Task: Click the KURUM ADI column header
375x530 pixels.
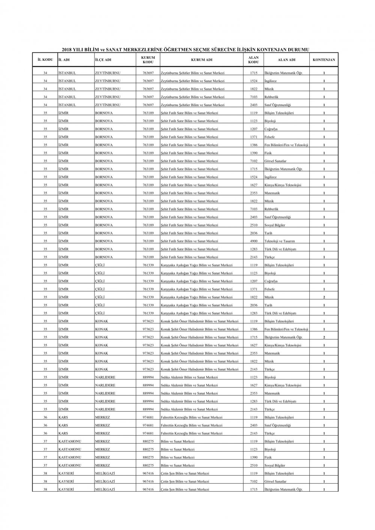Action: (202, 60)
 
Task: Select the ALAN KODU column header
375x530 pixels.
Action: (253, 60)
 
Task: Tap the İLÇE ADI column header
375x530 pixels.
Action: (103, 60)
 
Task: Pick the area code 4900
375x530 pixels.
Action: (253, 241)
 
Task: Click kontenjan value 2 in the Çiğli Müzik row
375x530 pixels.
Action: (324, 297)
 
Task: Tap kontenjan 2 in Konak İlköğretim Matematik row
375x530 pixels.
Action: (324, 337)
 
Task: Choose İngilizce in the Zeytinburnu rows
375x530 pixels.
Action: (270, 81)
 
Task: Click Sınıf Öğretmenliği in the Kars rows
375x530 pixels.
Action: (277, 425)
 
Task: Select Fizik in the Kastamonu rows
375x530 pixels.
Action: (268, 457)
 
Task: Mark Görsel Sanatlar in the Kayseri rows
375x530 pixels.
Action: (275, 481)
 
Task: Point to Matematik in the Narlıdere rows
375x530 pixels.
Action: (272, 394)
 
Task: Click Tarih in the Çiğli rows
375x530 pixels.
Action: (268, 305)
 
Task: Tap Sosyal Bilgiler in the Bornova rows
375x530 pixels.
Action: (275, 225)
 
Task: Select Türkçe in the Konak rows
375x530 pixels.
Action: (269, 370)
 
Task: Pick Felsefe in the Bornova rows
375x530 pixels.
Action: (269, 137)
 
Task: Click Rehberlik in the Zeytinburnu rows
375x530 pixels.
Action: (271, 97)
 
